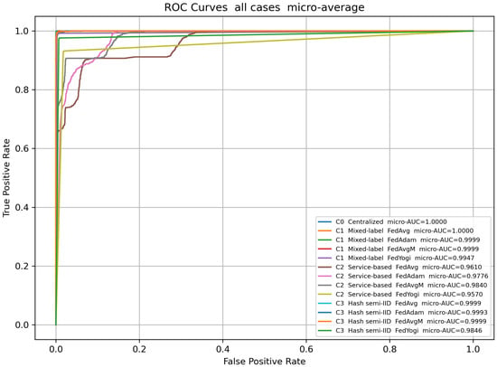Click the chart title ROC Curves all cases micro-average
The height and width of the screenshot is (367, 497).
click(265, 7)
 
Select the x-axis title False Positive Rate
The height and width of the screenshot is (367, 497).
click(265, 362)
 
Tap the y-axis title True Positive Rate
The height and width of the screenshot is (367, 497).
click(6, 178)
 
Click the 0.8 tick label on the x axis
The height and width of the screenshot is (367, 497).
click(389, 349)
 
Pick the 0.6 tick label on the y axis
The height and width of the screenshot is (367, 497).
click(23, 148)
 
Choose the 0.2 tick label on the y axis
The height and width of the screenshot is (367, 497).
click(23, 266)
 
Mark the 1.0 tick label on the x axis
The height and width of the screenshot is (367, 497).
click(473, 349)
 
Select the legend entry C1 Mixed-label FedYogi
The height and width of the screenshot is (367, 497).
click(396, 258)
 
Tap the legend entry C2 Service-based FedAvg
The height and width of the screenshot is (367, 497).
click(399, 267)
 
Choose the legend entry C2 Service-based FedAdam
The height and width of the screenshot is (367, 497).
click(403, 276)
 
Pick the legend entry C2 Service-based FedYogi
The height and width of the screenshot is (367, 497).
click(400, 295)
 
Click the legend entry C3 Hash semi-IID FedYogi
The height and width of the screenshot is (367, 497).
click(400, 331)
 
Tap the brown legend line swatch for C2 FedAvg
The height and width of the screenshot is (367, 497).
click(324, 267)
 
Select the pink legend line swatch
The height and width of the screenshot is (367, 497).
click(324, 276)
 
